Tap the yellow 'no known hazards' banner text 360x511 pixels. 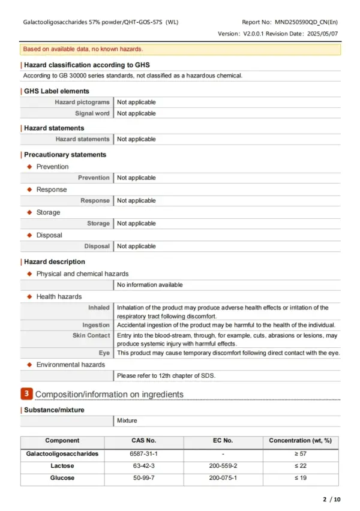[x=83, y=49]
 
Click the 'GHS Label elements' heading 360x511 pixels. [x=56, y=91]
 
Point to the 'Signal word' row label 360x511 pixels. [x=92, y=113]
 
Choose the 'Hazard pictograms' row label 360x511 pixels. [x=82, y=103]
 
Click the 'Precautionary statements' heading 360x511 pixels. [x=65, y=155]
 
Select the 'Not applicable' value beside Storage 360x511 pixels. [x=136, y=224]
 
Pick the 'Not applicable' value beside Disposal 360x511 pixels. [x=136, y=247]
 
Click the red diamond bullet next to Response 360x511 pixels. [x=29, y=190]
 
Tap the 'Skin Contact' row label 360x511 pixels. [x=91, y=335]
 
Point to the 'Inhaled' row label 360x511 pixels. [x=99, y=308]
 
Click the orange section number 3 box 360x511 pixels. [x=26, y=394]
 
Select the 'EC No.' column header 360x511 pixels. [x=223, y=441]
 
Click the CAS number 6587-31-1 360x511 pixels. [x=144, y=454]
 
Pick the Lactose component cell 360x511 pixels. [x=62, y=466]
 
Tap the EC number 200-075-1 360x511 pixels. [x=223, y=478]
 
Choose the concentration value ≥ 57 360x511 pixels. [x=300, y=454]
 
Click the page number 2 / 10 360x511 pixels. [x=332, y=500]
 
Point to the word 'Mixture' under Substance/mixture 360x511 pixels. [x=127, y=422]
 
